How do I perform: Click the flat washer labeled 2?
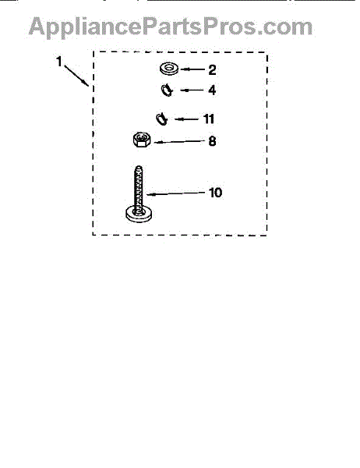tap(169, 69)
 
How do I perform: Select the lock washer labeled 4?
tap(167, 90)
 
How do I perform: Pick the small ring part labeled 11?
tap(161, 119)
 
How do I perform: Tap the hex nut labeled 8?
tap(142, 140)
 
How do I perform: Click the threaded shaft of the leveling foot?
tap(139, 187)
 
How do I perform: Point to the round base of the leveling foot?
tap(139, 214)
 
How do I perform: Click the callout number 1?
tap(59, 62)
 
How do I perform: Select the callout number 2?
tap(212, 70)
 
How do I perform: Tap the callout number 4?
tap(212, 90)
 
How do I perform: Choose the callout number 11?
tap(209, 119)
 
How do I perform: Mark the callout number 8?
tap(212, 141)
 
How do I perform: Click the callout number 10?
tap(215, 193)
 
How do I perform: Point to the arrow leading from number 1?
tap(76, 76)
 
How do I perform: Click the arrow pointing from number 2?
tap(192, 69)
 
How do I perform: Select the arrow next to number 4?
tap(192, 90)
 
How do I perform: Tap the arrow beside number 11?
tap(186, 119)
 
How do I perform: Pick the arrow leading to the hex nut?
tap(179, 141)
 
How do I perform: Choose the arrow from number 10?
tap(176, 193)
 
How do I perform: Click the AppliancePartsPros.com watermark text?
tap(171, 27)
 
